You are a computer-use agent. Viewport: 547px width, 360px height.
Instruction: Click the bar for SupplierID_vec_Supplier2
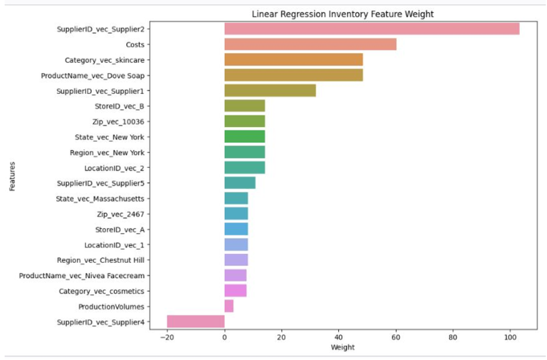click(371, 28)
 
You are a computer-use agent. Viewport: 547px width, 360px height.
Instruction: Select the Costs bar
click(310, 44)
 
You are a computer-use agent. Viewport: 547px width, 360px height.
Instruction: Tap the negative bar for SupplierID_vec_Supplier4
click(196, 322)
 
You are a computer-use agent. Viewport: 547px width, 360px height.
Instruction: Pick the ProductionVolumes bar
click(229, 306)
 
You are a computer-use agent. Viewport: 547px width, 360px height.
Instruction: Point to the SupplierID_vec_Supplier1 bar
click(269, 91)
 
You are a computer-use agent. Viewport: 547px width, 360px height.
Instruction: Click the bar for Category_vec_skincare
click(293, 59)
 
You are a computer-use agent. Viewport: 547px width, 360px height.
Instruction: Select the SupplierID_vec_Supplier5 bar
click(240, 183)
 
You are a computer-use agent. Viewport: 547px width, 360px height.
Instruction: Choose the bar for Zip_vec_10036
click(244, 121)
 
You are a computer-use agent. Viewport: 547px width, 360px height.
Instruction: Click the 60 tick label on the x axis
click(396, 337)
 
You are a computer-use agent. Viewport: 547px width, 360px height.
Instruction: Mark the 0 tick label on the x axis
click(224, 337)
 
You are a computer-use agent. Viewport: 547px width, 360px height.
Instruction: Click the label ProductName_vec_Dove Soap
click(96, 75)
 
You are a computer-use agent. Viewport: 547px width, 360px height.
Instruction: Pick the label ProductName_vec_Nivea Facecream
click(85, 276)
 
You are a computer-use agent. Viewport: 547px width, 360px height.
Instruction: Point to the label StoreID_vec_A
click(124, 229)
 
